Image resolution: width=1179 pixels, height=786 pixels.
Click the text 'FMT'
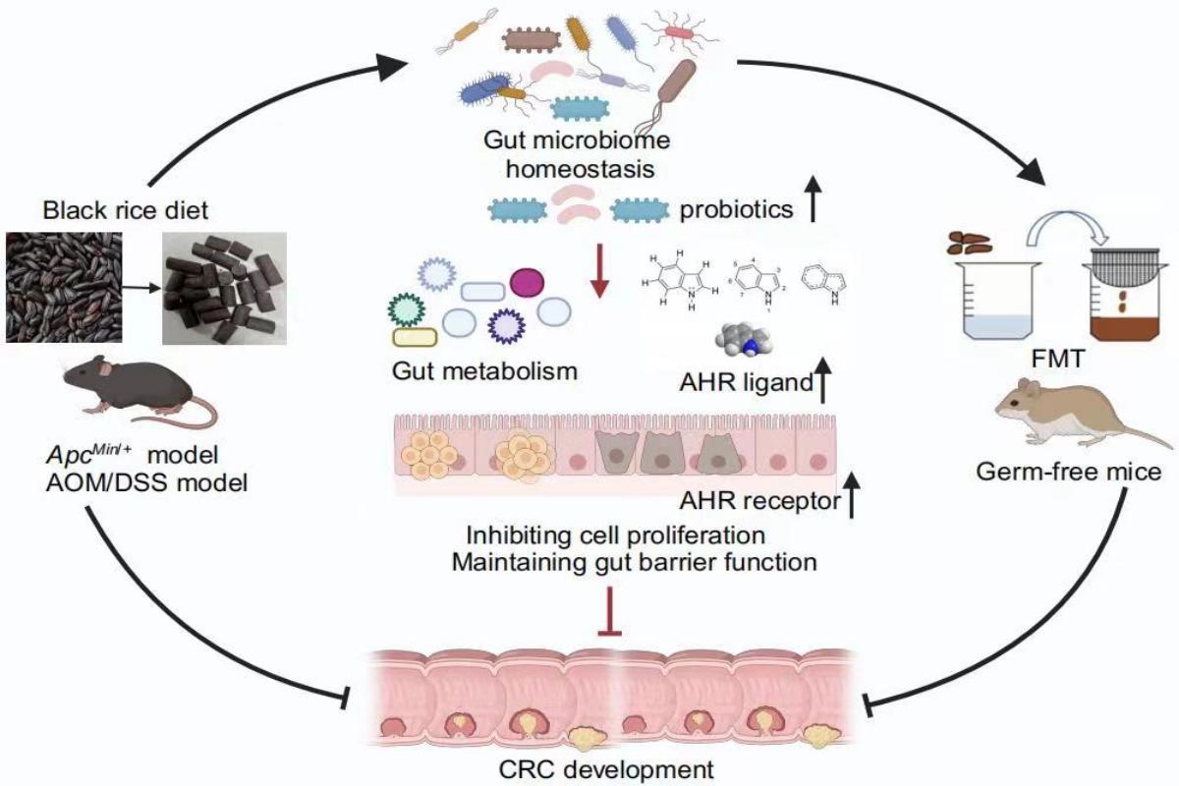pyautogui.click(x=1049, y=360)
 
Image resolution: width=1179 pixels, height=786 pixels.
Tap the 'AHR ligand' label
pyautogui.click(x=745, y=384)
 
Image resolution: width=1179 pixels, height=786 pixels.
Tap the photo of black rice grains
pyautogui.click(x=65, y=287)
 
